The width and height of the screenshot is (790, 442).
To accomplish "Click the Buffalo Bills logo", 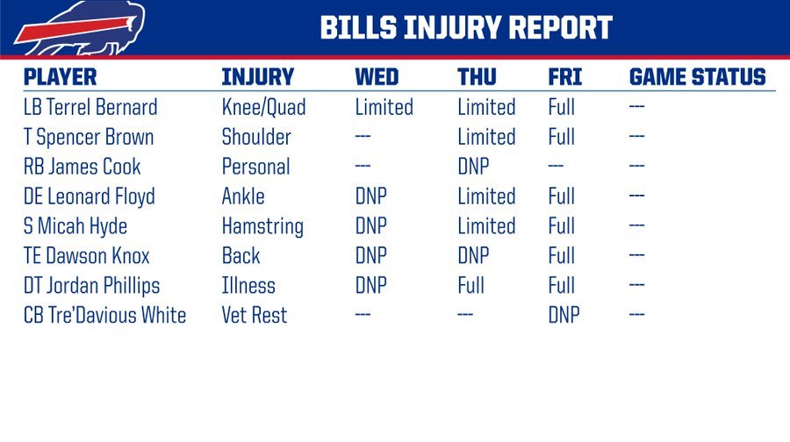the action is tap(80, 28).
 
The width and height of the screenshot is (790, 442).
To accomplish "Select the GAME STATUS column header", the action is tap(697, 77).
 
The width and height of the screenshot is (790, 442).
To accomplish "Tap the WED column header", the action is tap(377, 77).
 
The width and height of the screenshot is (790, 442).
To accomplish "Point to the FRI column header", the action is tap(564, 77).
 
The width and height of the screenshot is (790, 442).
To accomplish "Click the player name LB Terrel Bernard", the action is tap(90, 107).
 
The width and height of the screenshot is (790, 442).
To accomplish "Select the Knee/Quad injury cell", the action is tap(263, 107).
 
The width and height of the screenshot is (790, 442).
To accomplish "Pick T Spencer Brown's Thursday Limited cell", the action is tap(486, 137).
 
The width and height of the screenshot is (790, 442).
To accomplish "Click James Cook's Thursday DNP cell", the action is tap(473, 167).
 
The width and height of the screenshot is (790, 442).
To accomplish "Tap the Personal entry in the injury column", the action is tap(256, 167).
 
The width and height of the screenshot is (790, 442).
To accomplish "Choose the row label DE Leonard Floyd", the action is tap(90, 196).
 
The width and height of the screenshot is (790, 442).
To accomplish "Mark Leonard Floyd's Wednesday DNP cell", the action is tap(370, 196).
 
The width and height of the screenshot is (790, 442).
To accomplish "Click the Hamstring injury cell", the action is tap(262, 226).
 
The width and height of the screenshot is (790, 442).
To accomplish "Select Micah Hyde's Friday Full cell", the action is tap(561, 226).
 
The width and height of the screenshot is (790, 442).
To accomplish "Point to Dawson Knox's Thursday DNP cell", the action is tap(473, 256).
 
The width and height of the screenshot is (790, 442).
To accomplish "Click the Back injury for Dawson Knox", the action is tap(241, 256).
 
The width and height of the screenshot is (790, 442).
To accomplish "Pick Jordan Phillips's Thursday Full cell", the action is tap(470, 285).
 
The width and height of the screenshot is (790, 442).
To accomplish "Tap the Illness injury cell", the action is tap(248, 285).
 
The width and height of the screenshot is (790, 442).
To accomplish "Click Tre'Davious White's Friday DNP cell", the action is tap(564, 315).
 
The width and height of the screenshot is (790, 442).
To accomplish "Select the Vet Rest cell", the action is tap(255, 315).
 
